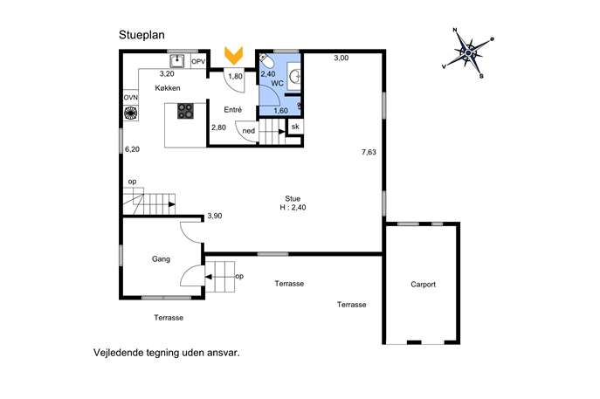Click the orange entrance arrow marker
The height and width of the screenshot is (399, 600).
pyautogui.click(x=233, y=55)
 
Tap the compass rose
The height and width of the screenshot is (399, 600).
pyautogui.click(x=468, y=52)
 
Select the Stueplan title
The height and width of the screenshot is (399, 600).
pyautogui.click(x=141, y=35)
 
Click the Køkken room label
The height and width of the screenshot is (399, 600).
pyautogui.click(x=168, y=88)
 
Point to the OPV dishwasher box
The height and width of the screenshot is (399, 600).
pyautogui.click(x=198, y=61)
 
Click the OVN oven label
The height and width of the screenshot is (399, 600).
pyautogui.click(x=130, y=98)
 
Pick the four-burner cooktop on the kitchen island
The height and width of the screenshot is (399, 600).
pyautogui.click(x=185, y=112)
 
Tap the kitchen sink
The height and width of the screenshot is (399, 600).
pyautogui.click(x=177, y=61)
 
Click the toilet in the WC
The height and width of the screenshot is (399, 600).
pyautogui.click(x=266, y=61)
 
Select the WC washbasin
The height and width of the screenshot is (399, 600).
pyautogui.click(x=295, y=76)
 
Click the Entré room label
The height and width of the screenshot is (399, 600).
pyautogui.click(x=232, y=110)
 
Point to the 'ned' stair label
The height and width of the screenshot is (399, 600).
pyautogui.click(x=248, y=131)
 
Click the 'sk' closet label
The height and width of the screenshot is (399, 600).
pyautogui.click(x=295, y=127)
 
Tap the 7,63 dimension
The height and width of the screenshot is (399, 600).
pyautogui.click(x=369, y=152)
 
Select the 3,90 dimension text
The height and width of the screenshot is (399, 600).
pyautogui.click(x=215, y=216)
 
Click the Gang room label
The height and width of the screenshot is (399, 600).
pyautogui.click(x=161, y=259)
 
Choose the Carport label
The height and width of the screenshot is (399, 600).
pyautogui.click(x=423, y=285)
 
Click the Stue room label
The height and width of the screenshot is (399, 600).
pyautogui.click(x=293, y=198)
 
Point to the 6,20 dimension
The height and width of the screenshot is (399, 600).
pyautogui.click(x=133, y=149)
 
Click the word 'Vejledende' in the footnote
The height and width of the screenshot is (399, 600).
pyautogui.click(x=118, y=353)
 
